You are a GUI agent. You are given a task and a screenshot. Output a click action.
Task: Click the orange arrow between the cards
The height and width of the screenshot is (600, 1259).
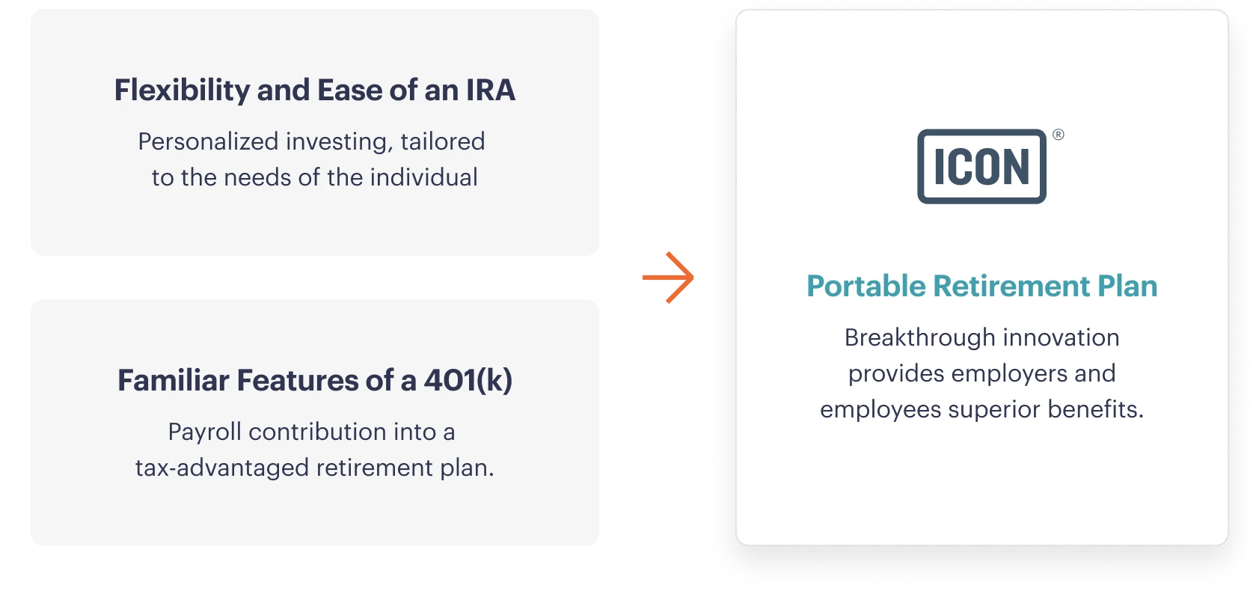point(668,278)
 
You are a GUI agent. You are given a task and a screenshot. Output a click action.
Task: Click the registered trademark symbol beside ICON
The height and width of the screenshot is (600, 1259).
point(1059,135)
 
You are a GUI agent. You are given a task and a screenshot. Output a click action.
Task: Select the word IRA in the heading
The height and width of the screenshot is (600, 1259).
point(490,90)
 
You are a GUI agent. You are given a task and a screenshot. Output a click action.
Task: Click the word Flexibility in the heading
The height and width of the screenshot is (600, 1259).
point(182,91)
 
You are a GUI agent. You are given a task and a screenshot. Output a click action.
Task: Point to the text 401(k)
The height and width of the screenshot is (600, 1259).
point(468,380)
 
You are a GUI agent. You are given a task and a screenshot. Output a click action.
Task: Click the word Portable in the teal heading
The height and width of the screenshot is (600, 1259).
point(866,286)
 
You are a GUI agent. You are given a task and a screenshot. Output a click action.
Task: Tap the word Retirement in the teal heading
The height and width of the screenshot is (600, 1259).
point(1011,286)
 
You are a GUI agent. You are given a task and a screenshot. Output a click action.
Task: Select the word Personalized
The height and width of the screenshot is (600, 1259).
point(209,141)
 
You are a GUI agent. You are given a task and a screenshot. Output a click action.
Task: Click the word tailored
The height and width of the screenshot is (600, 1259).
point(442,141)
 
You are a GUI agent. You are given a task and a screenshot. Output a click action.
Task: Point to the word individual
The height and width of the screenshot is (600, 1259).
point(424,178)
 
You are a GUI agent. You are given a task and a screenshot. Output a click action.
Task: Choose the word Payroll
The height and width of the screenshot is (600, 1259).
point(204,432)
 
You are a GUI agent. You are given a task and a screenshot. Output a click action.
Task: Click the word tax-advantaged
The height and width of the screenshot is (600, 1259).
point(222,468)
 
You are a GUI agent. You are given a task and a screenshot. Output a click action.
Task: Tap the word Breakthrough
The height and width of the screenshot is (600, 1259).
point(920,338)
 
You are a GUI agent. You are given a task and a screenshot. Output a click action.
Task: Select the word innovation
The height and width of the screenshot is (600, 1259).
point(1062,338)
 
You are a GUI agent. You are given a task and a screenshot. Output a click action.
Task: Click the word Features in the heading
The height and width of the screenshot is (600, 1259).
point(297,380)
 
